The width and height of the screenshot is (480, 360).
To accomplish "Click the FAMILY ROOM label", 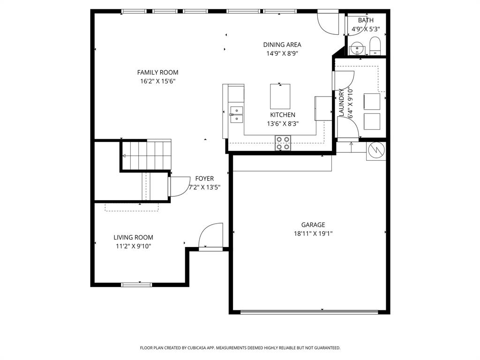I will (157, 72).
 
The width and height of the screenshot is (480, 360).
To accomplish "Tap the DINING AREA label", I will (282, 45).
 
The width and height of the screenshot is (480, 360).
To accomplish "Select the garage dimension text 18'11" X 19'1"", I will (313, 233).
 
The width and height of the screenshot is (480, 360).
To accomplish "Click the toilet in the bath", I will (375, 47).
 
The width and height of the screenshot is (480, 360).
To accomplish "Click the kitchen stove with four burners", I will (283, 142).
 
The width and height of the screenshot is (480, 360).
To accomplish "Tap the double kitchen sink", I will (237, 114).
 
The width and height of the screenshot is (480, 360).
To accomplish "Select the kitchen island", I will (280, 96).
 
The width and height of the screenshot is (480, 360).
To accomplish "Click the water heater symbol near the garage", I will (376, 150).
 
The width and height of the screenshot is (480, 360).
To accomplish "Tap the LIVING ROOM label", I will (133, 238).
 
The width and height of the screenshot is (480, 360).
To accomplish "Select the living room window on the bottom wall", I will (137, 285).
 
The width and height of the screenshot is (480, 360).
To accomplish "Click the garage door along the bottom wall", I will (309, 311).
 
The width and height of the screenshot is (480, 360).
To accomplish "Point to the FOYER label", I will (204, 179).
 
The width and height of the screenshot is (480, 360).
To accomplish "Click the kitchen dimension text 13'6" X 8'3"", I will (283, 124).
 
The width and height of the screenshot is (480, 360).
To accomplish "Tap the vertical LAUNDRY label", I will (342, 103).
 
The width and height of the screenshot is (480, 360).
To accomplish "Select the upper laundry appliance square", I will (372, 101).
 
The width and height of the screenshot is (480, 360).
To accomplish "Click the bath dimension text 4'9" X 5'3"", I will (366, 29).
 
